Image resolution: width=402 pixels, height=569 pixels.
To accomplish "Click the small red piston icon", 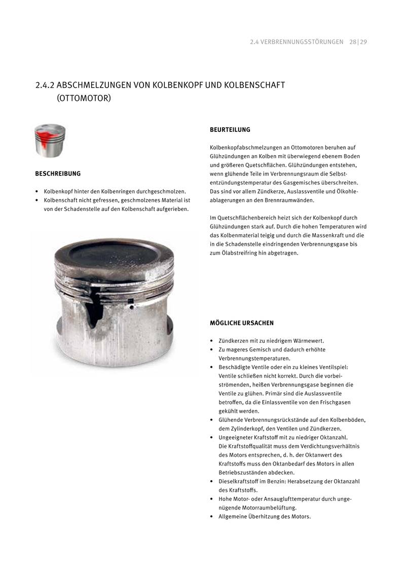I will click(x=50, y=140).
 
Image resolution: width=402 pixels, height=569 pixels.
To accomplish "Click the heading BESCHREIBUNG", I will click(x=58, y=174).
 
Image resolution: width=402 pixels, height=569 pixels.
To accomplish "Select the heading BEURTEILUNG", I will click(x=230, y=130).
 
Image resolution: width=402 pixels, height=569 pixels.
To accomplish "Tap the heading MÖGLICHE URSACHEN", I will click(x=242, y=323).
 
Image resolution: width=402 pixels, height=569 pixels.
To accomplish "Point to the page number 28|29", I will click(x=358, y=42).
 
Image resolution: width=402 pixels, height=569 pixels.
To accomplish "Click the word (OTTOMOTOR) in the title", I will click(x=84, y=97).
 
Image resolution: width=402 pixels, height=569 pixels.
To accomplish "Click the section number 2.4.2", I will click(x=45, y=85).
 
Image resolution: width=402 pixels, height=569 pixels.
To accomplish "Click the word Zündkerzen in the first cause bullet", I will click(x=234, y=341).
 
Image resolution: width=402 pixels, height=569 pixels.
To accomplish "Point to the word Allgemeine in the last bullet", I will click(x=234, y=517).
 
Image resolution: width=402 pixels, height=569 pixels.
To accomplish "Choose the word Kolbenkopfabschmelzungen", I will click(x=246, y=148).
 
